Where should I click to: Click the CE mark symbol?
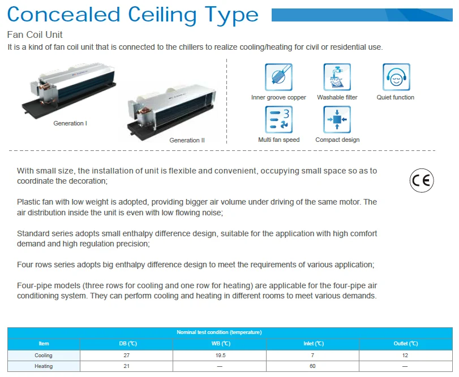point(421,180)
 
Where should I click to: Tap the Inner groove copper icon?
point(278,77)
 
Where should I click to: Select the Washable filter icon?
point(337,77)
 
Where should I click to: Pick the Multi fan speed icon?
point(278,119)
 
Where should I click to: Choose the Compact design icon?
point(337,119)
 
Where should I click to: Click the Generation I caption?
point(70,123)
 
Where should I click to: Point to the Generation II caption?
point(187,140)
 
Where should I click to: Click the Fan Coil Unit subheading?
point(35,35)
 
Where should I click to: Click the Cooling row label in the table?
point(44,356)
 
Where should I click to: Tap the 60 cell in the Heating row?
point(312,366)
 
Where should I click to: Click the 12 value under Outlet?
point(405,356)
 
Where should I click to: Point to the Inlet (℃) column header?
point(312,344)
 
